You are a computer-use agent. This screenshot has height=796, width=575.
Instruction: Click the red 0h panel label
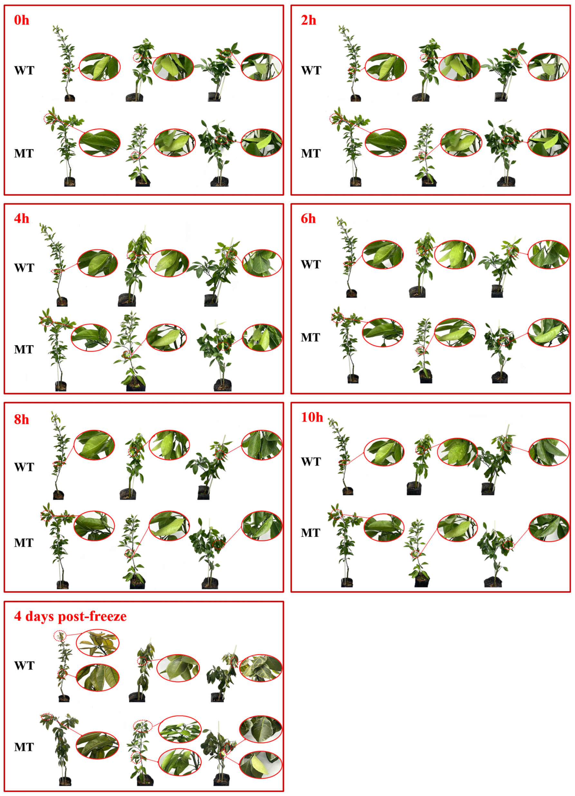21,20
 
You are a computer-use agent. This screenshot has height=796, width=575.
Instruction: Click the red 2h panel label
308,20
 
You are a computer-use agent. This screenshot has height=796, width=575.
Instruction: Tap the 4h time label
21,219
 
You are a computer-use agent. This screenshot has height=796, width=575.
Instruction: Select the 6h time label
308,219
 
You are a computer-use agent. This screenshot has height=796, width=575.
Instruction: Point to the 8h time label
21,419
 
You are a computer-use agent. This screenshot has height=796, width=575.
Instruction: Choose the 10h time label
312,417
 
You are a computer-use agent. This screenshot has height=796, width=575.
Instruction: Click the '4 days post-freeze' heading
70,616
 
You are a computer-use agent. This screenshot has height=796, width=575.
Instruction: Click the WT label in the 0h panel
24,71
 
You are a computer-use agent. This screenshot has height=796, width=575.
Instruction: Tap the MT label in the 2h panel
310,153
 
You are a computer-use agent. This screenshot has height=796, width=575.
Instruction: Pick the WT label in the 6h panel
310,264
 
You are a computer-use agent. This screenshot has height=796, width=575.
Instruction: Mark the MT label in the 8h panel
24,543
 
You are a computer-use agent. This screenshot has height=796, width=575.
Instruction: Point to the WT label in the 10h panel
310,461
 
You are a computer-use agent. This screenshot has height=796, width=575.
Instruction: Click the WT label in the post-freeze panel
24,666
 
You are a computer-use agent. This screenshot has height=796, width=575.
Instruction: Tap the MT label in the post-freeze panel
24,747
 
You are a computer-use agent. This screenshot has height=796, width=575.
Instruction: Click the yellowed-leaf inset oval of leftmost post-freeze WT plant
97,643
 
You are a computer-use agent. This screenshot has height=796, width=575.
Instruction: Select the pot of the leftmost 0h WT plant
70,98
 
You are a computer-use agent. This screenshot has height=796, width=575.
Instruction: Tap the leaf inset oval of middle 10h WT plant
457,452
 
